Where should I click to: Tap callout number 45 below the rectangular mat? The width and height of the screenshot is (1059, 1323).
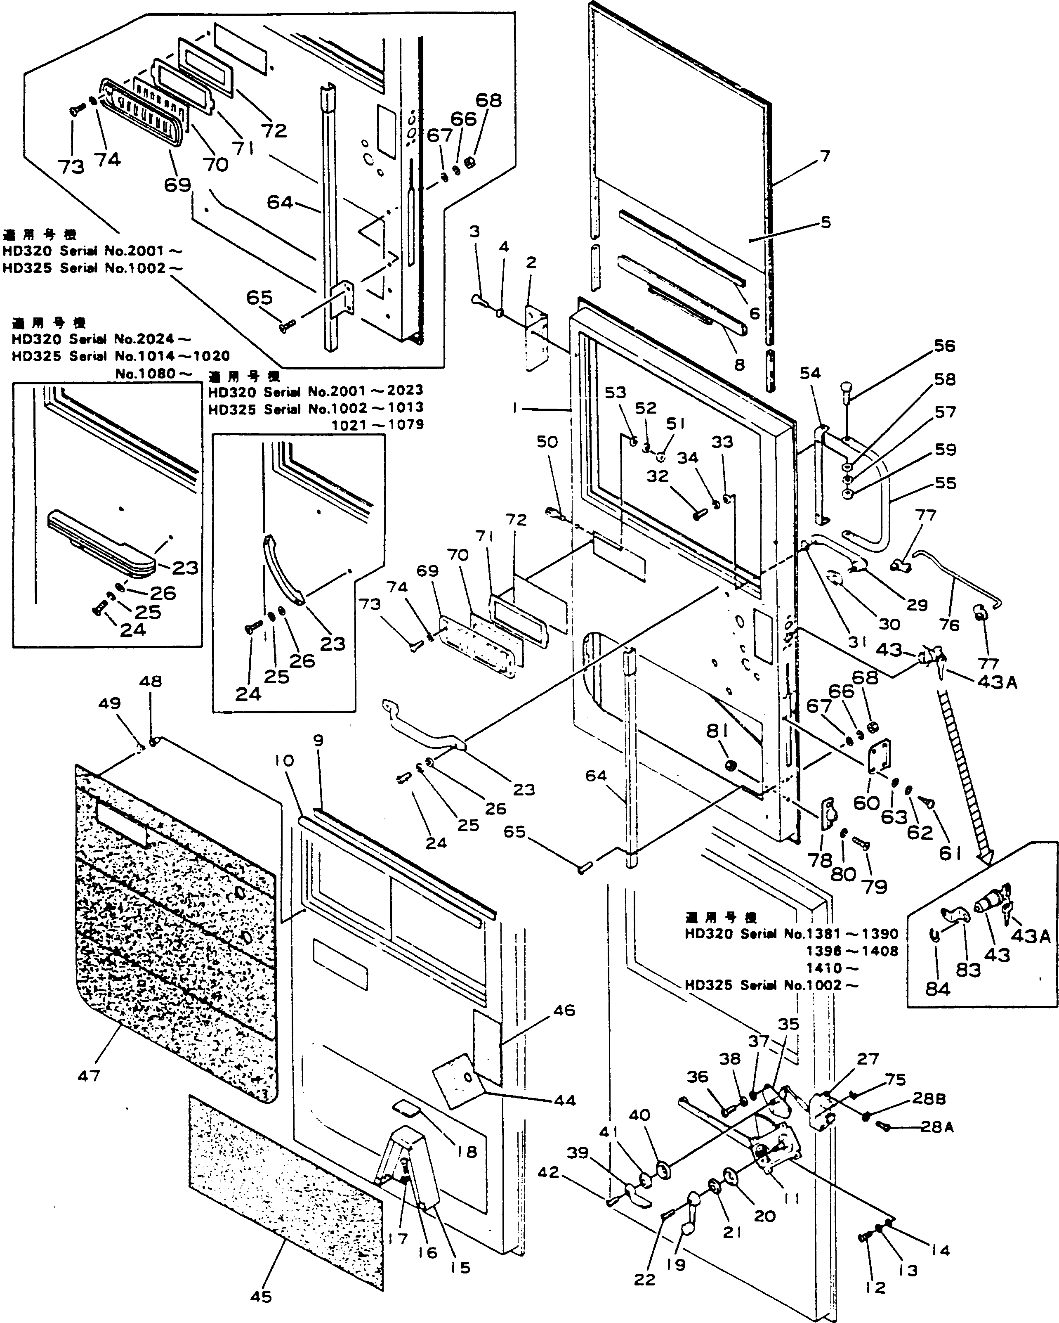tap(261, 1296)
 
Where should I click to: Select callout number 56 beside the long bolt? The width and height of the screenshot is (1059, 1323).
tap(944, 346)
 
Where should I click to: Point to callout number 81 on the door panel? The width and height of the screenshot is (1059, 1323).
tap(717, 731)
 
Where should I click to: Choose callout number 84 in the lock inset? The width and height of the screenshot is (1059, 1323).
tap(937, 989)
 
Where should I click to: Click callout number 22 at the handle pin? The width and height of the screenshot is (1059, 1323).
tap(644, 1279)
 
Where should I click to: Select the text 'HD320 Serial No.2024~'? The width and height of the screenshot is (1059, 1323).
tap(101, 339)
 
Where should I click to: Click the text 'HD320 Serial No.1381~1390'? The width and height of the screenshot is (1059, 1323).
tap(791, 934)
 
